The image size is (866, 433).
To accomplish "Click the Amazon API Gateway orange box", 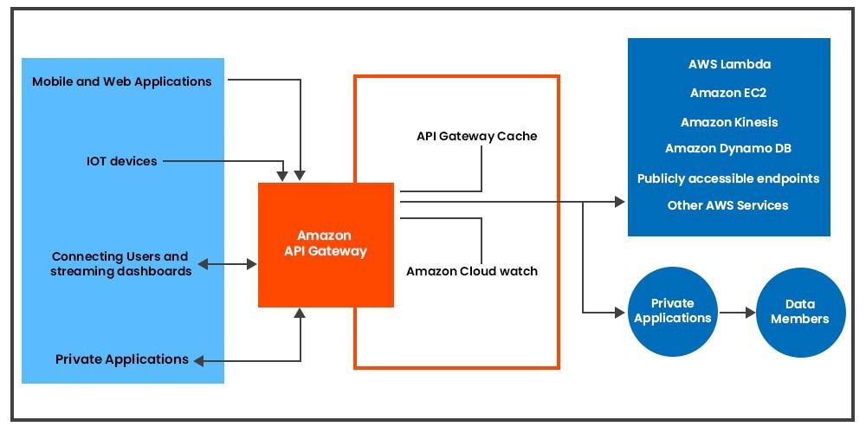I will pos(326,244).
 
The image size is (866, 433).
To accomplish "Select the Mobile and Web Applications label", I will pos(122,81).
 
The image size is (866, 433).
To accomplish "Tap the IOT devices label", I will pos(122,161).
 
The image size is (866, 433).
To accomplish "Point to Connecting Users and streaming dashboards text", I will pos(120,263).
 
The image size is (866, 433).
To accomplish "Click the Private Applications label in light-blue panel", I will pos(122,359).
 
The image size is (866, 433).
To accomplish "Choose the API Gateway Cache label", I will pos(476,136).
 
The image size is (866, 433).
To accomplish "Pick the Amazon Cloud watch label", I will pos(472,271).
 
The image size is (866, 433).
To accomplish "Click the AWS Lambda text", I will pos(729,64).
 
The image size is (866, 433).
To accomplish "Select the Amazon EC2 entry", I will pos(729,93).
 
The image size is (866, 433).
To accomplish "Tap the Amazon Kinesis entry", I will pos(729,122).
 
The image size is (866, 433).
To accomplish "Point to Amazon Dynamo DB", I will pos(728,148).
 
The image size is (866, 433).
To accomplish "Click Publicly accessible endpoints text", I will pos(728,178).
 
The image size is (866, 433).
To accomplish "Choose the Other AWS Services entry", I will pos(728,205).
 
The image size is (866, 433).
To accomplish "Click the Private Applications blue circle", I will pos(673,311).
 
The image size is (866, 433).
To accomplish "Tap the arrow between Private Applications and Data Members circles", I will pos(737,312).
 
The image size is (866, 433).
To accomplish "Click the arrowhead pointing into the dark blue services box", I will pos(619,202).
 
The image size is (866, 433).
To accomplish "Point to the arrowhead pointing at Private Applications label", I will pos(199,359).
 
